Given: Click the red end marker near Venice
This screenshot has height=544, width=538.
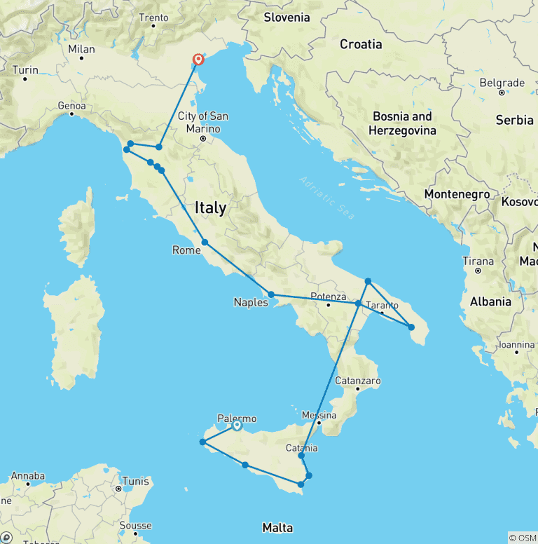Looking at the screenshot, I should [x=198, y=60].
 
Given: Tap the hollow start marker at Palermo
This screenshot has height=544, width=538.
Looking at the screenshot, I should [x=237, y=424].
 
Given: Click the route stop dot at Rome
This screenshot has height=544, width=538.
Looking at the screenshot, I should [x=205, y=242].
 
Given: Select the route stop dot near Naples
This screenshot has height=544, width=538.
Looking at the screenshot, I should [x=270, y=295].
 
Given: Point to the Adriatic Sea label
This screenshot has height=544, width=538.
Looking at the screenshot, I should [x=326, y=198].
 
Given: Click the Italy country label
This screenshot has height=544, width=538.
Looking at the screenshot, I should [x=210, y=208].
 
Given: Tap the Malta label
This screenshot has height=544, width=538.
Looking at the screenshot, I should [x=277, y=527].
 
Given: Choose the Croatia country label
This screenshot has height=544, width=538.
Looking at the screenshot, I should [x=361, y=44].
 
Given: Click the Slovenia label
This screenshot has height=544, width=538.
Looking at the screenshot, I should [x=287, y=18].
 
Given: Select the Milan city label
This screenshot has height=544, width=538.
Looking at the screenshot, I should [x=81, y=49].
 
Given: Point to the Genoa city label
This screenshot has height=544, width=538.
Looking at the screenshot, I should [x=71, y=106].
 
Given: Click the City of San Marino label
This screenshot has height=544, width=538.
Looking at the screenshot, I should [x=203, y=122].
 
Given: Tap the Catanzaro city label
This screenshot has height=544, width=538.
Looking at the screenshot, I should [x=357, y=380].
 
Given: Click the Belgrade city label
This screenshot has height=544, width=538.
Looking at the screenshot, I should [x=502, y=83].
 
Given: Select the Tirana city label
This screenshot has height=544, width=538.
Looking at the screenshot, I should [x=478, y=261].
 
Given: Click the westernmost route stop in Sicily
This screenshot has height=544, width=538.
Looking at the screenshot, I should [x=202, y=442].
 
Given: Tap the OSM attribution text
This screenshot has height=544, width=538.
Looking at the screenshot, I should [x=523, y=538].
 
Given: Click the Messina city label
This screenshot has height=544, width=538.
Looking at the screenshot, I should [x=319, y=415].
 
